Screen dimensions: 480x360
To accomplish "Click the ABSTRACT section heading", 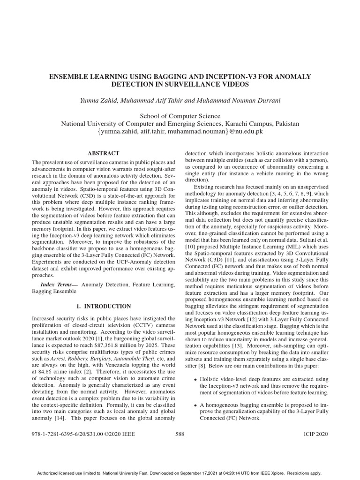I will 104,153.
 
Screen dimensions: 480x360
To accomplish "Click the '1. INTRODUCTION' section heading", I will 104,306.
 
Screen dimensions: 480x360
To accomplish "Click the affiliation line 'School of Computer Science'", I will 180,116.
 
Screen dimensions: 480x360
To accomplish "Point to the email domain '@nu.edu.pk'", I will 246,132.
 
